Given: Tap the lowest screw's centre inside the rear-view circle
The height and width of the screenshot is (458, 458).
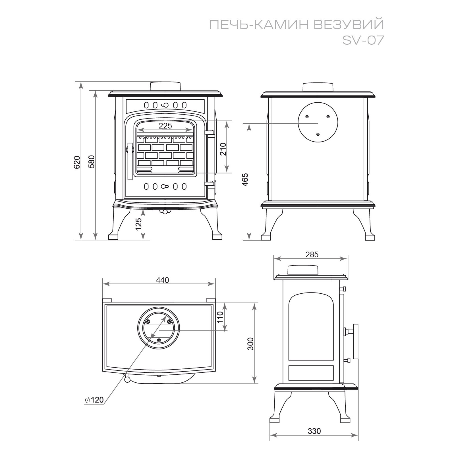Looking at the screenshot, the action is tap(318, 134).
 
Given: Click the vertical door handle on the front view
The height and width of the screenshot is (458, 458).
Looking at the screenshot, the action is tap(130, 161).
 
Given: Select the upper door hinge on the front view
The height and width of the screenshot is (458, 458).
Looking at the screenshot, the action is tap(210, 133).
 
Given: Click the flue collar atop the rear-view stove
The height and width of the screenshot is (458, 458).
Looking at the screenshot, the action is tap(318, 87).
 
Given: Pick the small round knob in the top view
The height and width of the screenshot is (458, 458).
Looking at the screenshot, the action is tap(127, 379).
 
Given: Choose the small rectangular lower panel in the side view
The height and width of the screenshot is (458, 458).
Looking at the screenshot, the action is tap(311, 373).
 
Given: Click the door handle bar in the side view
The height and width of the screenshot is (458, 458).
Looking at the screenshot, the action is tap(355, 341).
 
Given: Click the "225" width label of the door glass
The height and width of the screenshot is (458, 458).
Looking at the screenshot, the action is tap(165, 126).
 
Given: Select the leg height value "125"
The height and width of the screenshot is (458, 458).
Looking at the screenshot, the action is tap(138, 224).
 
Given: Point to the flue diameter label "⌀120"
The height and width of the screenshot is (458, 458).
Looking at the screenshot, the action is tap(94, 400).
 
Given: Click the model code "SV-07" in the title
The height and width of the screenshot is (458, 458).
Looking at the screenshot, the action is tap(363, 40).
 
